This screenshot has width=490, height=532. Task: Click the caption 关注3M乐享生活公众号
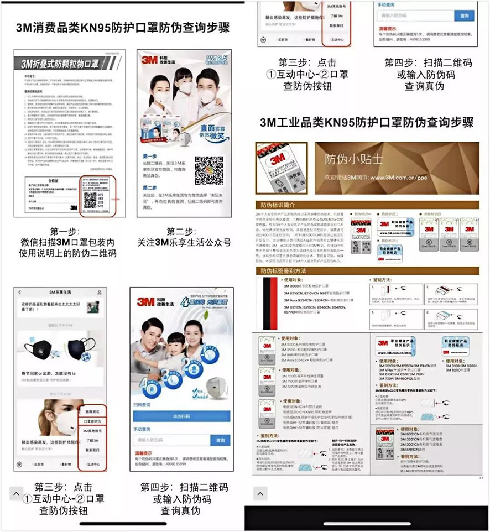click(184, 242)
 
